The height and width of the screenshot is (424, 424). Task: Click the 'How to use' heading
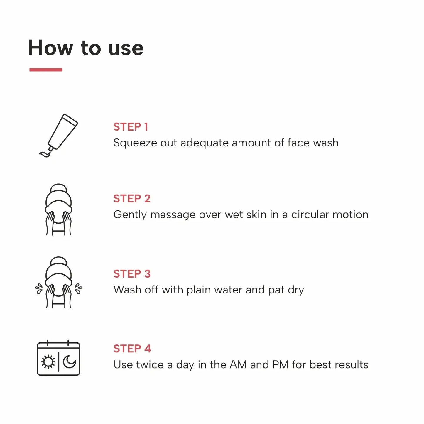pos(86,48)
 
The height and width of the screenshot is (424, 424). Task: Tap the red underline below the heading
pos(46,70)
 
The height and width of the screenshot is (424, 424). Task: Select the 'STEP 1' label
pos(131,127)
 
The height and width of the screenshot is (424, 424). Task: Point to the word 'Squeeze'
pos(135,143)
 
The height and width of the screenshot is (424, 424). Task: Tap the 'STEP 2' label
pos(132,199)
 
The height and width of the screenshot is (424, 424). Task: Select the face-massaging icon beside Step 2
pos(59,210)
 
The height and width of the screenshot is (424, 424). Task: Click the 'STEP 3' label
pos(132,274)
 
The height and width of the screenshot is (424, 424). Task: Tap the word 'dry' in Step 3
pos(296,290)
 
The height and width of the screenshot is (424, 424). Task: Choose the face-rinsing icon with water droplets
pos(59,283)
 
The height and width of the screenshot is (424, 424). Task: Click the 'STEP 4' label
pos(132,349)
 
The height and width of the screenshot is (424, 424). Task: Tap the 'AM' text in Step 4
pos(238,365)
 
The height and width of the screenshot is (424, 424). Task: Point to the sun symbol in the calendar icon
pos(48,362)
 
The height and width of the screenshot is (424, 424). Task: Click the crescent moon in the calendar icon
pos(70,362)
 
